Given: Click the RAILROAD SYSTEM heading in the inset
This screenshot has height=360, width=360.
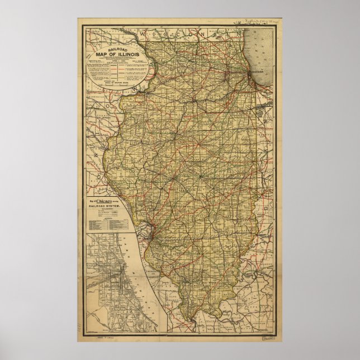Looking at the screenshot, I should coord(103,206).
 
